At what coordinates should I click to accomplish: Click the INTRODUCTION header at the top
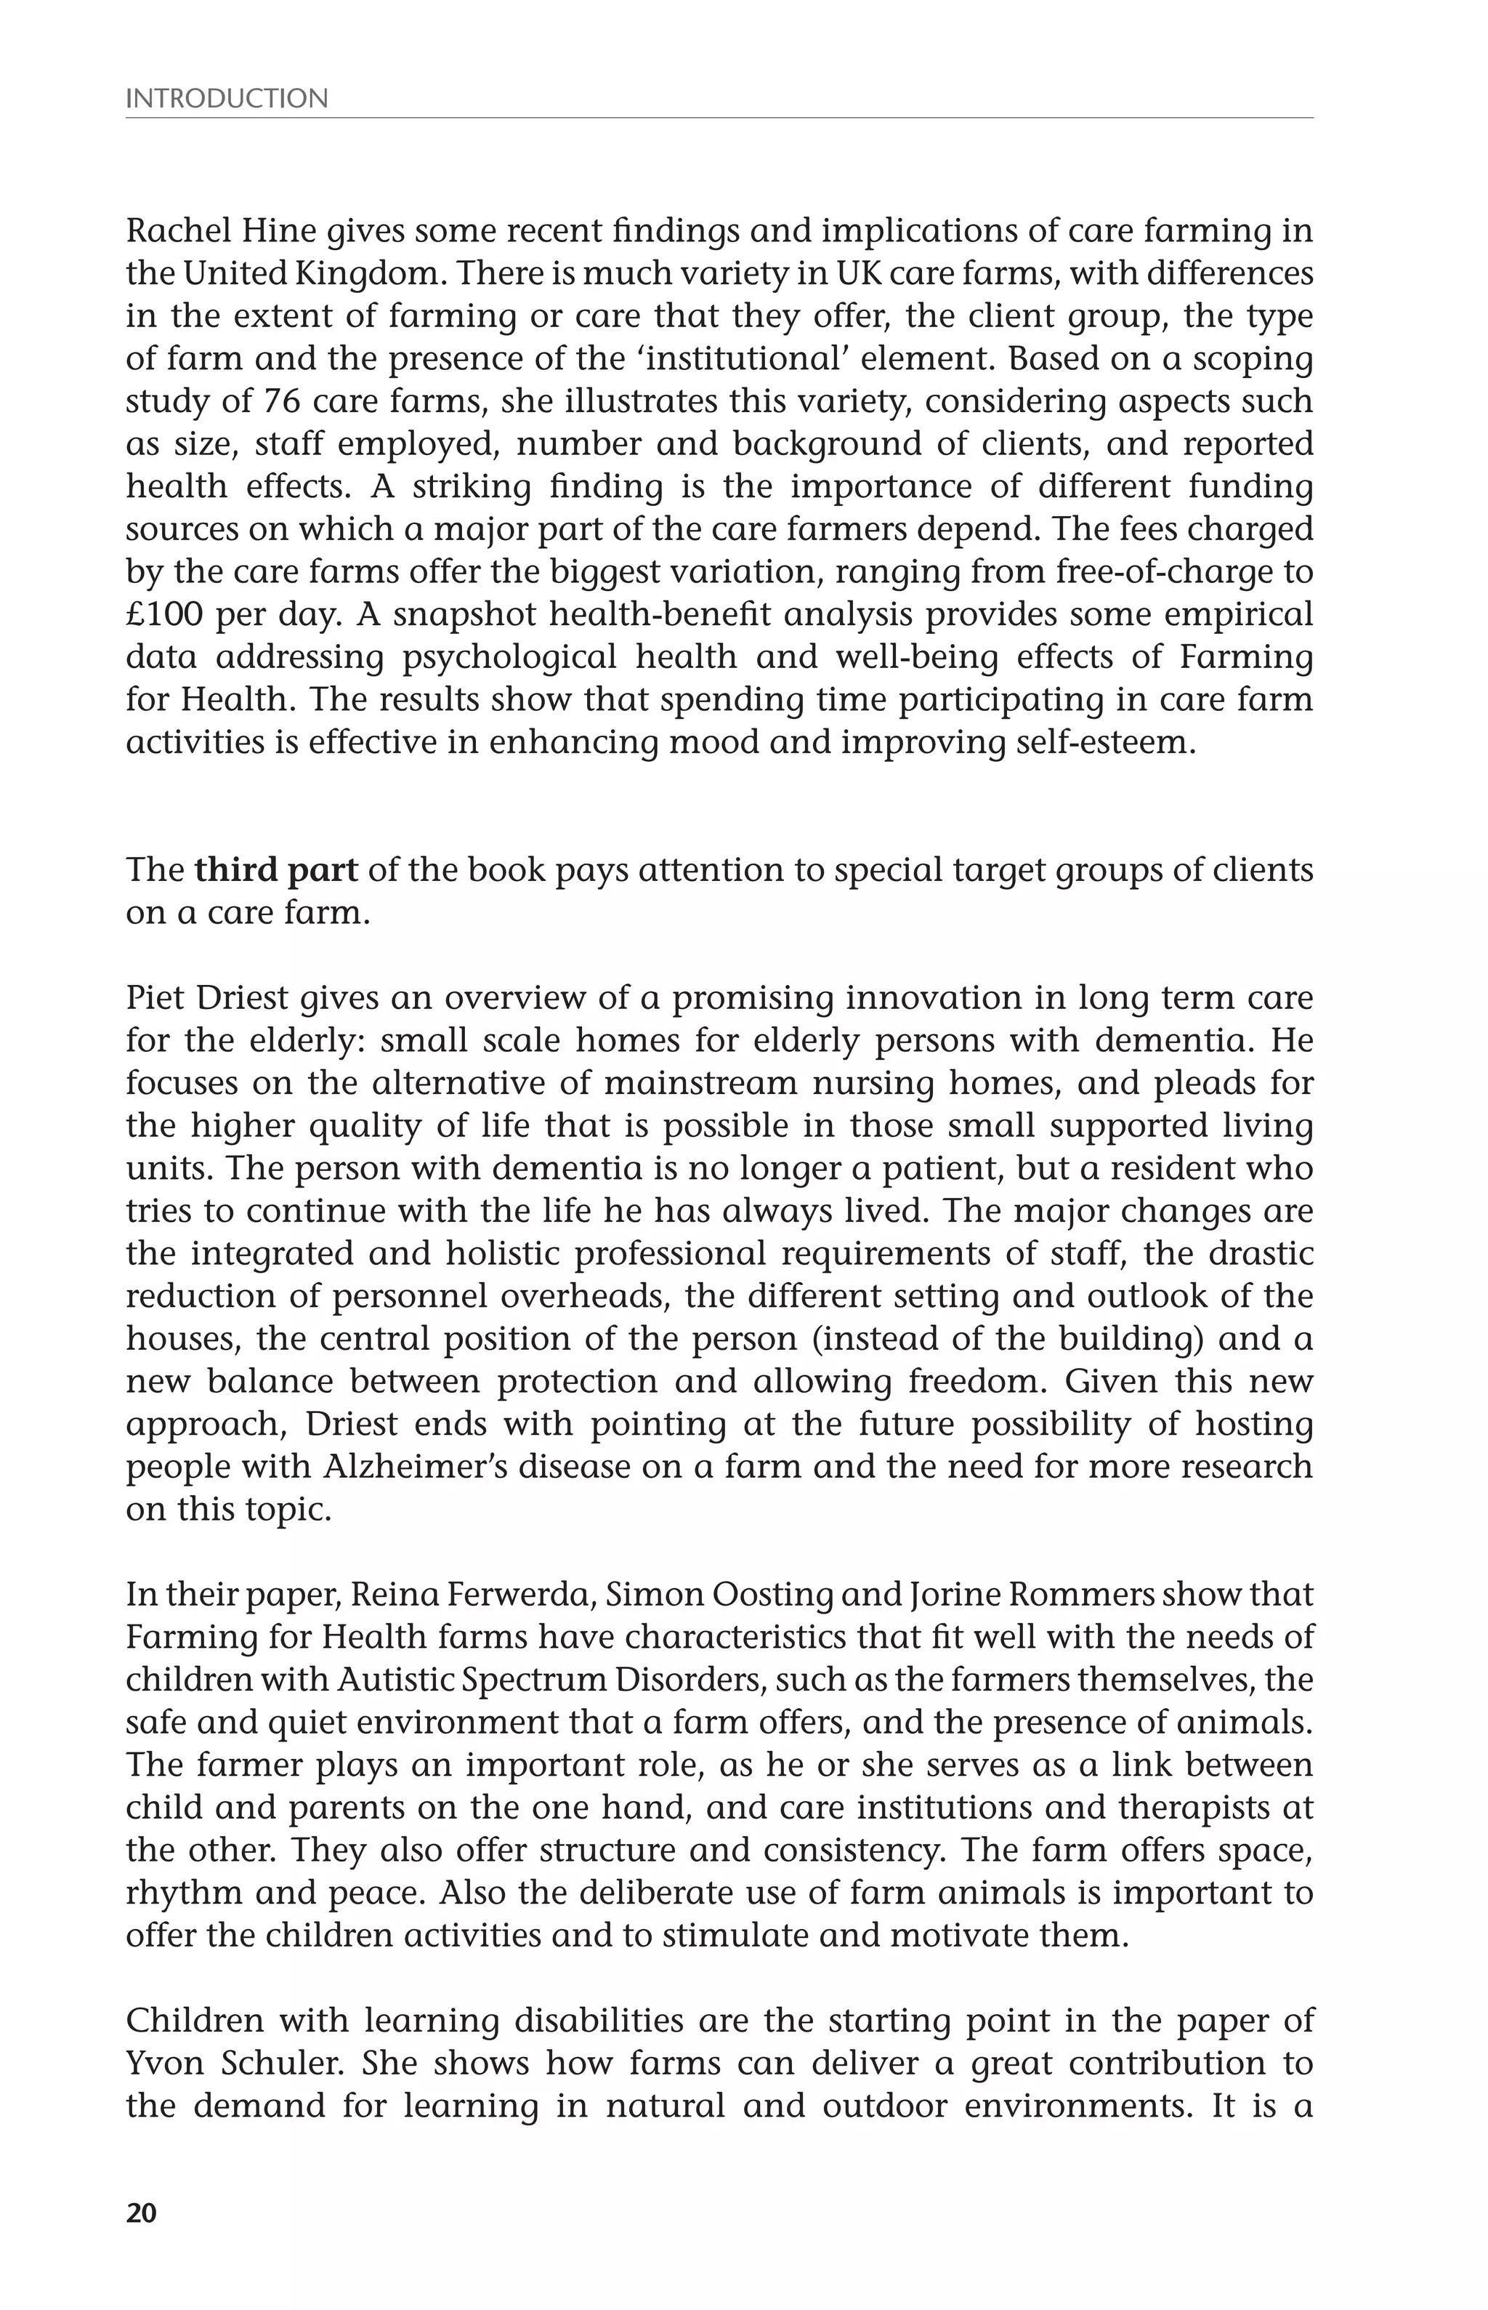[x=227, y=99]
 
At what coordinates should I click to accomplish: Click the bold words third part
[x=275, y=870]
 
